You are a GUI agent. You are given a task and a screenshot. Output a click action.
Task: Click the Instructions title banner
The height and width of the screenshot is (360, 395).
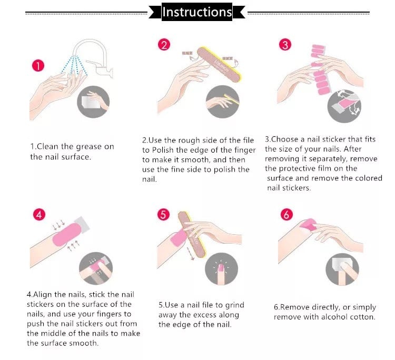point(197,12)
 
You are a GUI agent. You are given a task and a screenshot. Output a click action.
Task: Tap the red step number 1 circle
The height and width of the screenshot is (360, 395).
point(38,66)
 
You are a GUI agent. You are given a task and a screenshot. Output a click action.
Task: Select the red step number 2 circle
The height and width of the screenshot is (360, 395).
point(164,45)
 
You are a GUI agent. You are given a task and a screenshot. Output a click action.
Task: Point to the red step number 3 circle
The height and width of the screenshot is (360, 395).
point(285,45)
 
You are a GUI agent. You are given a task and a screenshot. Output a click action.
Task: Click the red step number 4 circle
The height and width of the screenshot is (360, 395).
point(39,215)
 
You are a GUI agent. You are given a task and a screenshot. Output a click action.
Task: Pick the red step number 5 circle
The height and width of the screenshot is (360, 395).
point(163,215)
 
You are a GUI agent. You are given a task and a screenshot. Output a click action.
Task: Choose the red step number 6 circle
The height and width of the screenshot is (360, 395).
point(287,215)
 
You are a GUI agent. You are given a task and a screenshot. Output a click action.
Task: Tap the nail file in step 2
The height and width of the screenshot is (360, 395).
point(219,64)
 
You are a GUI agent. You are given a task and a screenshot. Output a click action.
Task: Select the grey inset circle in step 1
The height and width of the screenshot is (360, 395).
point(93,102)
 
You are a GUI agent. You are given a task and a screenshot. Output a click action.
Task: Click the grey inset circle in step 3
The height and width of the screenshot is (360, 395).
point(344,106)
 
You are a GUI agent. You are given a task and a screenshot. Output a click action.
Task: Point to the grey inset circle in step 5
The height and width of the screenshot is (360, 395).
point(221,269)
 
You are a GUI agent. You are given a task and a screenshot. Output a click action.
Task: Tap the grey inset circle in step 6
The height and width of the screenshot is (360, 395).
point(342,269)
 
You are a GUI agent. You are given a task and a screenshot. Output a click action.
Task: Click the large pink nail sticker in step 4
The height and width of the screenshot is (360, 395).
point(67,235)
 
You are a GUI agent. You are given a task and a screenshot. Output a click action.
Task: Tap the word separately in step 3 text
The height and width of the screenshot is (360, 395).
point(328,159)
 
